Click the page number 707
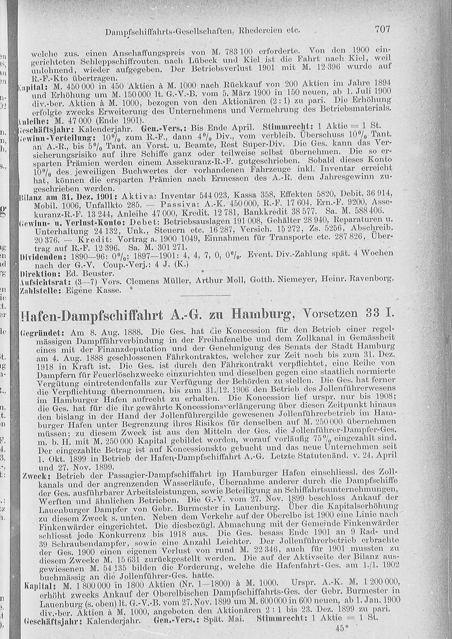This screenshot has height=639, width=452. [382, 29]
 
